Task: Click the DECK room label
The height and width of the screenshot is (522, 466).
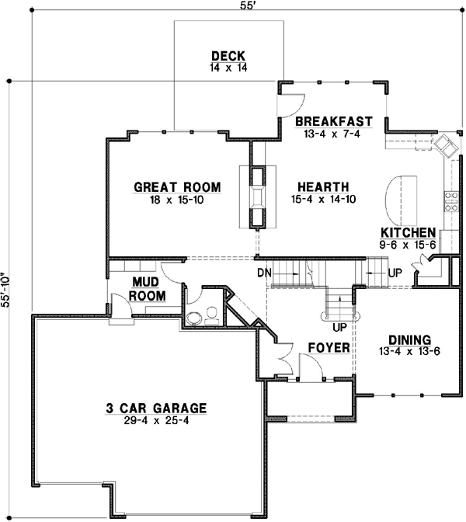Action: pos(228,56)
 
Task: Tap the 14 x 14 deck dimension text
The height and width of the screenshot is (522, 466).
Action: pos(228,68)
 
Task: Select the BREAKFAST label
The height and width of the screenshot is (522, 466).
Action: pos(333,122)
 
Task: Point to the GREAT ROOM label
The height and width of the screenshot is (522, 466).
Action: pos(177,187)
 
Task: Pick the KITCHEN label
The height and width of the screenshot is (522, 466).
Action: pos(407,232)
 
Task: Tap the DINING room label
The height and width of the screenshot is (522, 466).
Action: pos(409,339)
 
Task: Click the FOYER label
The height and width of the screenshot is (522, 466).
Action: pos(329,347)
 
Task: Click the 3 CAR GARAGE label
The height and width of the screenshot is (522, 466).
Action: pos(156,407)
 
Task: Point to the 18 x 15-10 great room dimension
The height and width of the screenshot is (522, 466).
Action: pos(177,200)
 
